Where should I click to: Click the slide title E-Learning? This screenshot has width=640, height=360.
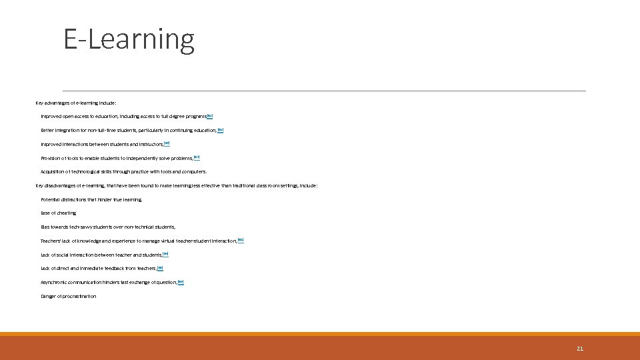129,39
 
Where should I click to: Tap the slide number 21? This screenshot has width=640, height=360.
579,349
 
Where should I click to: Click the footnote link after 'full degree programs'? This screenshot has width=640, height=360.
210,115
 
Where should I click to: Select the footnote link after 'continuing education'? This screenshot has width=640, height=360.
221,129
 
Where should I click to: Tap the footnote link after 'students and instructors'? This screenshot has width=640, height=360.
167,143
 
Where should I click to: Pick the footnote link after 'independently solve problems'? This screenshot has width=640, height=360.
197,157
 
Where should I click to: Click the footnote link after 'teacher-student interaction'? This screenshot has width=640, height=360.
241,240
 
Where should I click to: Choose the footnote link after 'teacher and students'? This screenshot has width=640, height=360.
165,254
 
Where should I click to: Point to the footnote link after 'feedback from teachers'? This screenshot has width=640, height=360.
160,268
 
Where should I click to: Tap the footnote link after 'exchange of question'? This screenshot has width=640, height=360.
181,282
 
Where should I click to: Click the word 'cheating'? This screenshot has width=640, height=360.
67,213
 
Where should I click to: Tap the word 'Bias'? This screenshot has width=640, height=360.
45,227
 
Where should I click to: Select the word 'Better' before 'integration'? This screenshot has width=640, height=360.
48,131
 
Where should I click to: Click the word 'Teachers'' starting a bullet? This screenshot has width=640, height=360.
51,241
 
